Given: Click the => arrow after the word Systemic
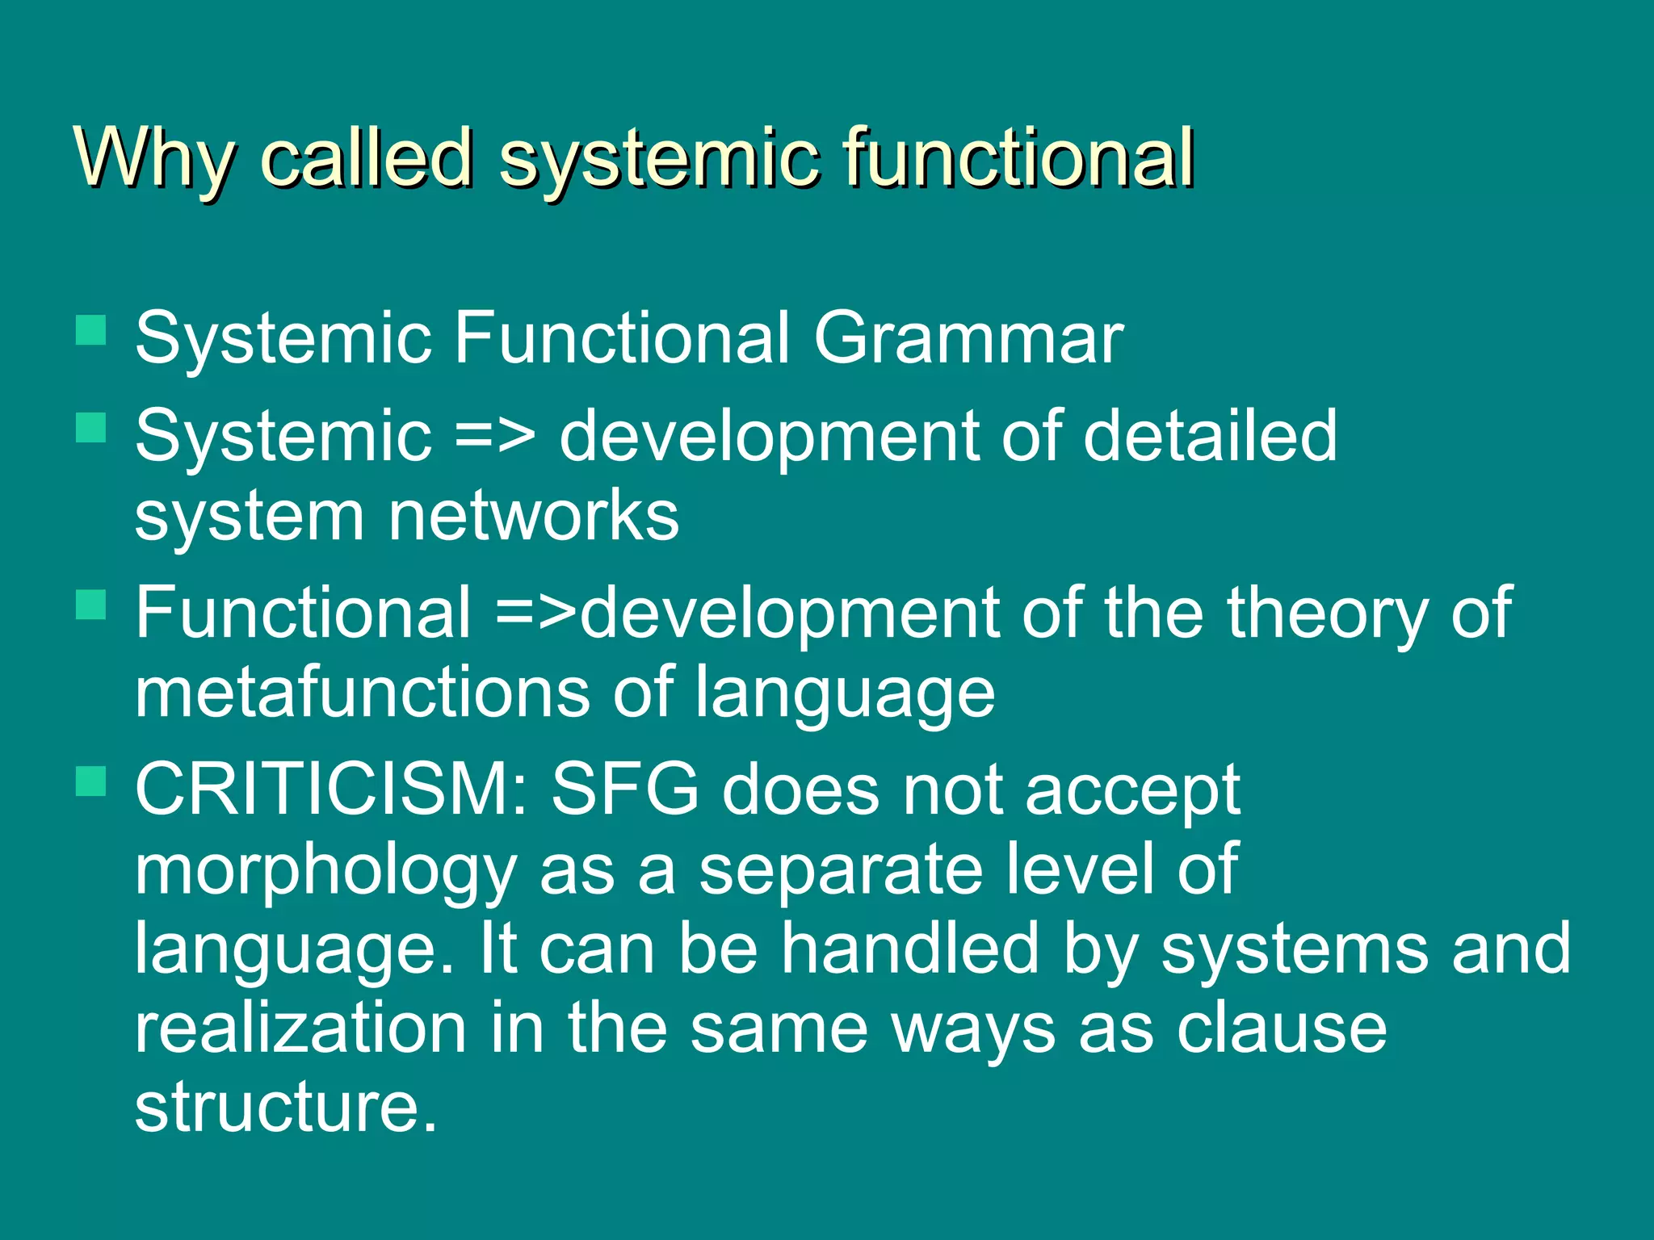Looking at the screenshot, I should [494, 437].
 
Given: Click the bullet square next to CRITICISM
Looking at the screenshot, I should [91, 781].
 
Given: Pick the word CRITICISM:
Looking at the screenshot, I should [331, 790].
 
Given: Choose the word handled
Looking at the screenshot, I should [909, 949].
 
